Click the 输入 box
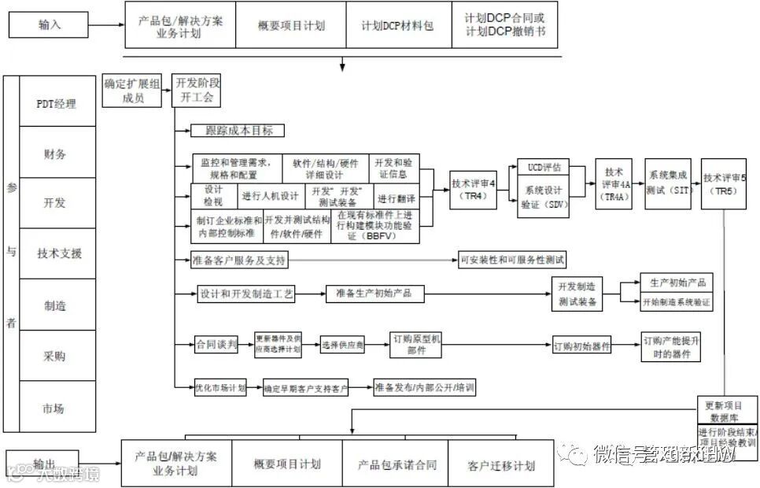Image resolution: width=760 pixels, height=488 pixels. pos(49,24)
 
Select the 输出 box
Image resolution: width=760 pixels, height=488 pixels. pos(42,463)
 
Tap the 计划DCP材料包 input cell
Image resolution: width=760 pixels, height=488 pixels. pos(397,25)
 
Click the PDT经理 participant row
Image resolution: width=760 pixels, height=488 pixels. pos(57,103)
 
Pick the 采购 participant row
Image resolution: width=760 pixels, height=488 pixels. pos(57,356)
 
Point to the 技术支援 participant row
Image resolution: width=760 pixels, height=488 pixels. pos(57,253)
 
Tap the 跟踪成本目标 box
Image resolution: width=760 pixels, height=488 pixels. pos(237,131)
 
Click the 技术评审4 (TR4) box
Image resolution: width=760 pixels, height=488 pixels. pos(474,189)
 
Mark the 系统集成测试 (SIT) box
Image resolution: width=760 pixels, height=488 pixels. pos(668,183)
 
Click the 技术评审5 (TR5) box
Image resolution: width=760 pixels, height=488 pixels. pos(723,183)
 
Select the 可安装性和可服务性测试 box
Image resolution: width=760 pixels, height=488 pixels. pos(512,260)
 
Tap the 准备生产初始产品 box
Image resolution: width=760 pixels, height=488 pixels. pos(374,294)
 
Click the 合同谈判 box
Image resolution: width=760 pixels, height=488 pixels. pos(216,344)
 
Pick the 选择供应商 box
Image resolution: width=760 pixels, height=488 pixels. pos(343,345)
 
